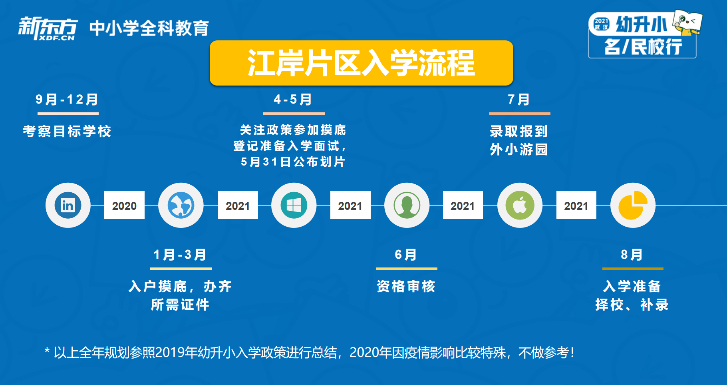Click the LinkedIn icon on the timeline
click(68, 205)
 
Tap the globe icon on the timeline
click(181, 205)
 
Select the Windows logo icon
click(294, 205)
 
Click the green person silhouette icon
click(407, 205)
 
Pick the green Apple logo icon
click(520, 205)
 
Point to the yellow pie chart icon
click(633, 205)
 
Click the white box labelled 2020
click(124, 205)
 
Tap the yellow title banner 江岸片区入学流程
click(362, 63)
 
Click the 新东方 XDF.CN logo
click(48, 28)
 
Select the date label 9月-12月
click(67, 100)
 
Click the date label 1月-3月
click(180, 255)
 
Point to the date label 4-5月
click(293, 100)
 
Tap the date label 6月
click(406, 255)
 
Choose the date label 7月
click(519, 100)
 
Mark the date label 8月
click(632, 255)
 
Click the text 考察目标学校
click(67, 131)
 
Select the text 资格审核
click(406, 286)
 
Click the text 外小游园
click(519, 150)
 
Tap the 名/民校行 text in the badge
click(643, 47)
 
